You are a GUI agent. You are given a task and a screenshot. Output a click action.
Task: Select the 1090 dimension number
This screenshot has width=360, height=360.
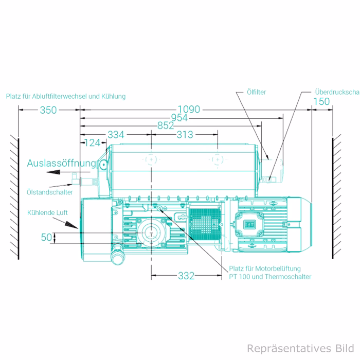coord(189,110)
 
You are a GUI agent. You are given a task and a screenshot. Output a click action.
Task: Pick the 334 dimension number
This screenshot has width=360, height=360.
coord(116,135)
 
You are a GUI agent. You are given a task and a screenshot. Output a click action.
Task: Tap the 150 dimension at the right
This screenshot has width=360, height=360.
coord(321,101)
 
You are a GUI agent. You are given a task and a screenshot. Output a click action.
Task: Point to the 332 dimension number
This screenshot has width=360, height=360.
coord(186,276)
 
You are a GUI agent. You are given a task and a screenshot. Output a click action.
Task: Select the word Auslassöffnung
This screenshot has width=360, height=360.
coord(62,163)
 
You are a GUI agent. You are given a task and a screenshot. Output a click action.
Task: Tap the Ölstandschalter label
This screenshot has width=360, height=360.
coord(49,192)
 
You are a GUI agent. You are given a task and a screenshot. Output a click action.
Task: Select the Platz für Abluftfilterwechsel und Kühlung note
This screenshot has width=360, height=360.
coord(65,96)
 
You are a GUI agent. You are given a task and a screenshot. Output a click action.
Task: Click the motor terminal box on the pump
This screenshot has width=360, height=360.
coord(251,224)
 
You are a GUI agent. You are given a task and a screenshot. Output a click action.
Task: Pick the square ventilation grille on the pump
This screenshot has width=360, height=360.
coord(204,225)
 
